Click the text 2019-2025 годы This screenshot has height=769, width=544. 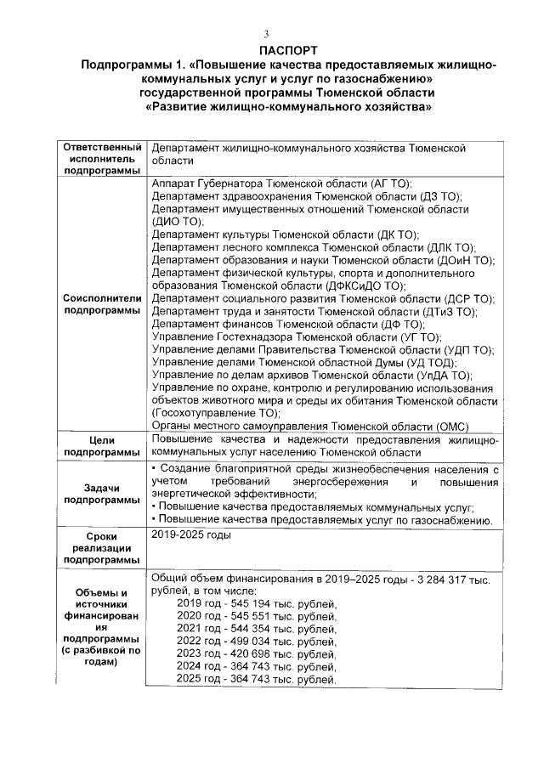click(190, 535)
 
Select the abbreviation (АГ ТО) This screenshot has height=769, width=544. click(392, 184)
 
